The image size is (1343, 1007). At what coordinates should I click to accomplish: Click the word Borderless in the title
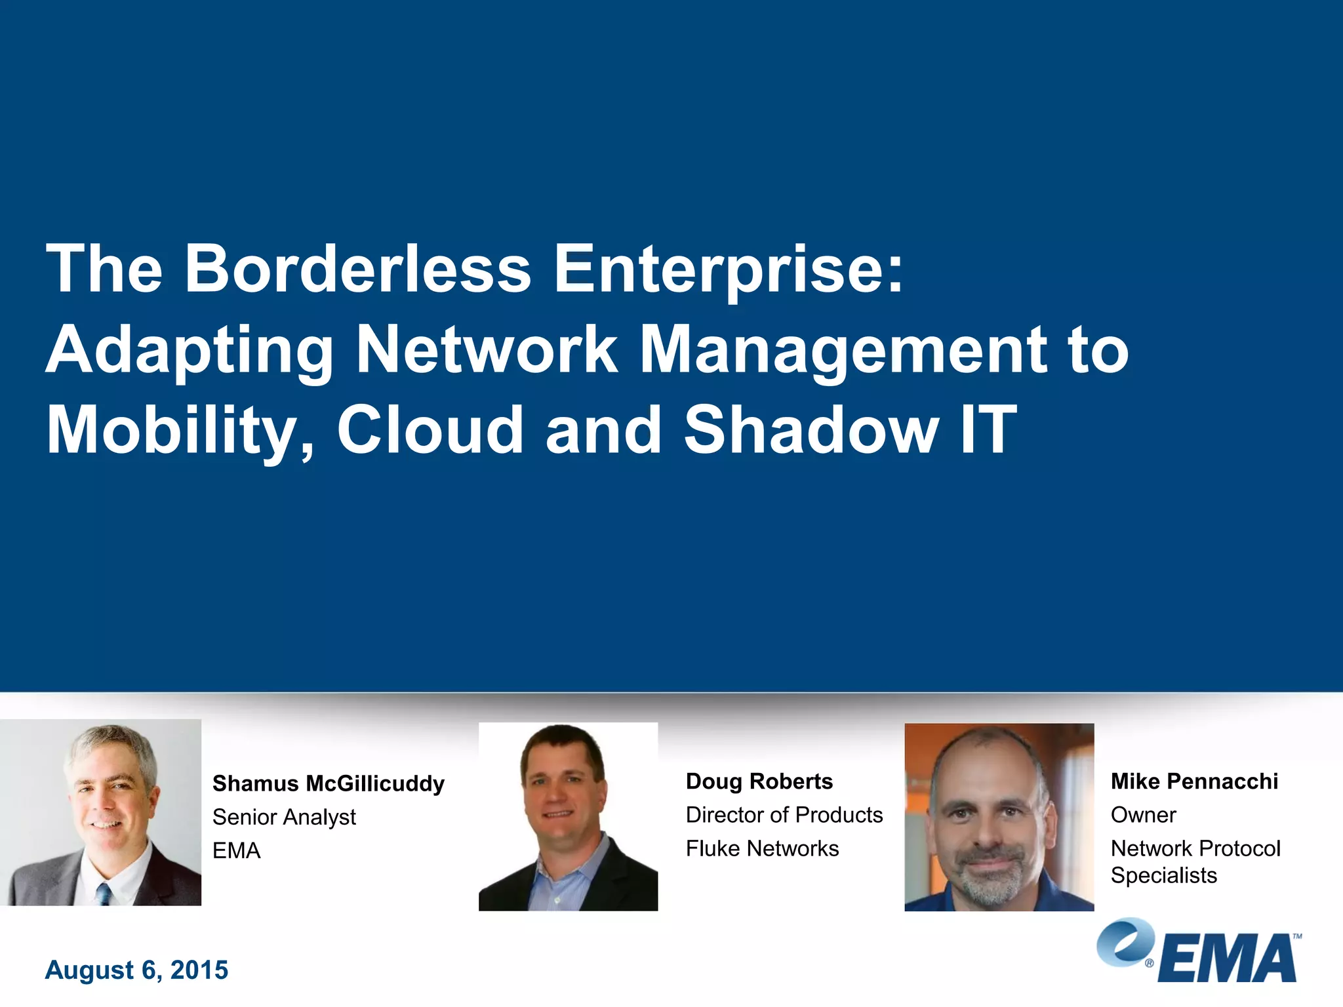tap(357, 269)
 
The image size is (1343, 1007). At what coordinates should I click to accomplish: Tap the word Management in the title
tap(843, 351)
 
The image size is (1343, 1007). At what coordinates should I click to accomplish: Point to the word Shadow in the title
tap(811, 430)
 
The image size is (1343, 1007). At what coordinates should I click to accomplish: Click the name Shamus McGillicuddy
tap(328, 783)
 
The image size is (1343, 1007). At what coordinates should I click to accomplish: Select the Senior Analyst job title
tap(284, 817)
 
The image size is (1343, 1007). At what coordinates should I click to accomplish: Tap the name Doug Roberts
tap(759, 781)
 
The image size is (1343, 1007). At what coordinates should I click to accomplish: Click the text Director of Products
tap(784, 815)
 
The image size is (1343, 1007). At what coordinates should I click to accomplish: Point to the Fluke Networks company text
tap(762, 848)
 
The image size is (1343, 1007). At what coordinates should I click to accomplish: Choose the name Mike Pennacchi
tap(1193, 781)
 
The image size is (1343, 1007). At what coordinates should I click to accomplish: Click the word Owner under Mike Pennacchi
tap(1143, 815)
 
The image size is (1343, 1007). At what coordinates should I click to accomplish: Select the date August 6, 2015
tap(136, 970)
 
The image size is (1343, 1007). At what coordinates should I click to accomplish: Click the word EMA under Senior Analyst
tap(236, 851)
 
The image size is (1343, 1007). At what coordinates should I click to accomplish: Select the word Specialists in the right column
tap(1163, 875)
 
